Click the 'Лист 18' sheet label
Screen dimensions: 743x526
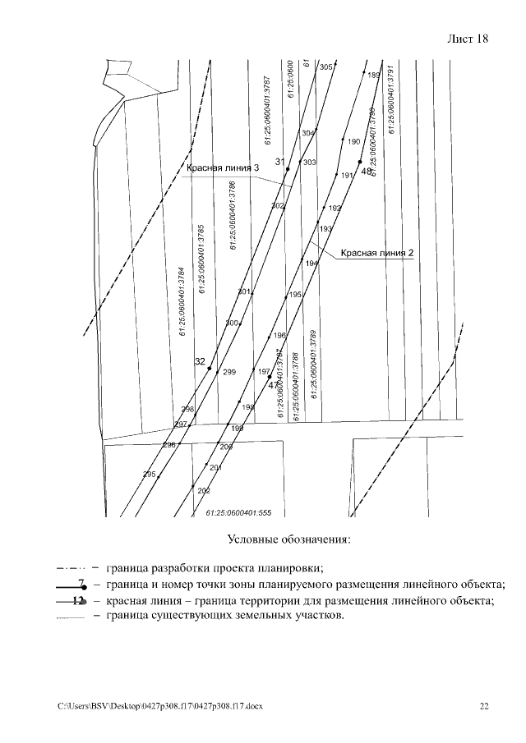468,39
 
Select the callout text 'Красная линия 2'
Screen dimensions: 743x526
376,253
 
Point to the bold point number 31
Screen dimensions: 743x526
279,161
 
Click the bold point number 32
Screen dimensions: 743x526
200,361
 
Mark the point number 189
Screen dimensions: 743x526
374,75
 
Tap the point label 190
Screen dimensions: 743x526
354,141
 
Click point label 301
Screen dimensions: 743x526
243,292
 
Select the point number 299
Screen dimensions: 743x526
229,372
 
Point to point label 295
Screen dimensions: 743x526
149,475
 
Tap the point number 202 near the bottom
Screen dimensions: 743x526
204,491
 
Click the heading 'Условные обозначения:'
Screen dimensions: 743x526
288,539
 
